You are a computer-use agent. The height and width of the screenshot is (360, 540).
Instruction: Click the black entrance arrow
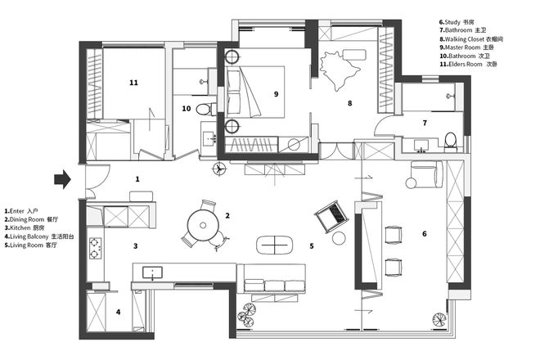[62, 179]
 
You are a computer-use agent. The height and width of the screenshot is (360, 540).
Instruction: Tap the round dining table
[203, 225]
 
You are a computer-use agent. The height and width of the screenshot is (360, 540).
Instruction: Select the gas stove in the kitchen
[95, 248]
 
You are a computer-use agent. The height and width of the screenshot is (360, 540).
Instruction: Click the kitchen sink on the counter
[152, 272]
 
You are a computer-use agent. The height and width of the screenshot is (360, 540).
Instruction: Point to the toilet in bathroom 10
[205, 109]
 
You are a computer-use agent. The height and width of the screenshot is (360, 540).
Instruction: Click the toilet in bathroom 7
[451, 142]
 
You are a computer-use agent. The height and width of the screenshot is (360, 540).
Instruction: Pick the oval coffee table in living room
[274, 245]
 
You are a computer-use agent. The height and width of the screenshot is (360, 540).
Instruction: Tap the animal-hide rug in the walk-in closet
[339, 70]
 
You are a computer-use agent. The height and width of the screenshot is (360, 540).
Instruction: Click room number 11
[133, 83]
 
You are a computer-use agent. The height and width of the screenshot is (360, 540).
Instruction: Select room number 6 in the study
[425, 234]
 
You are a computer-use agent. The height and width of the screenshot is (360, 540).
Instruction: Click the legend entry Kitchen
[25, 228]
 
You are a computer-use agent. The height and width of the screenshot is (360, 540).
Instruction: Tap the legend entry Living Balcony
[39, 236]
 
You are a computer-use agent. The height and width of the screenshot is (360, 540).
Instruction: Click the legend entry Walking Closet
[471, 39]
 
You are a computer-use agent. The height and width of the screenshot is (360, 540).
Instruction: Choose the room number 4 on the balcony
[118, 312]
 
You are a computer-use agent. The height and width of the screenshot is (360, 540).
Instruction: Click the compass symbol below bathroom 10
[219, 169]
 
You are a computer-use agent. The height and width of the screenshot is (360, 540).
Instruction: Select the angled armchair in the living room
[331, 216]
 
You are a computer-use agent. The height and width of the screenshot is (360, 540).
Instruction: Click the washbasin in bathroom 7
[421, 145]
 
